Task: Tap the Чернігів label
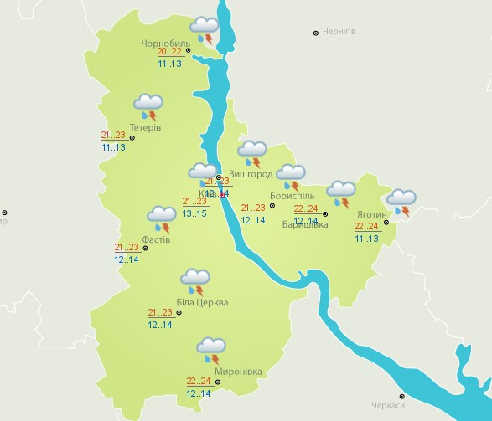(x=339, y=32)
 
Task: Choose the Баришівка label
(x=304, y=223)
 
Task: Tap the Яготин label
(x=372, y=213)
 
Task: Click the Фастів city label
(x=156, y=239)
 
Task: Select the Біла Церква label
(x=202, y=302)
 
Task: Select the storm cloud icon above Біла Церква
(x=195, y=280)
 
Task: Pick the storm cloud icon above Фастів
(x=160, y=218)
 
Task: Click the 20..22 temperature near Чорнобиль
(x=169, y=51)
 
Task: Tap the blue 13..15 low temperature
(x=194, y=213)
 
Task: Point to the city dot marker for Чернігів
(x=316, y=33)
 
